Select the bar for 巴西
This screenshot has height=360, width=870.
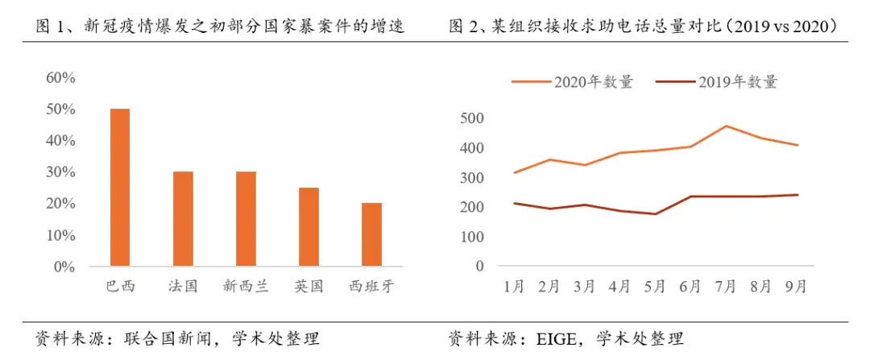(120, 187)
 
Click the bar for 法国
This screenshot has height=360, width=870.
(183, 218)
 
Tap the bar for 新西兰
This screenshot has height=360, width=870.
(246, 218)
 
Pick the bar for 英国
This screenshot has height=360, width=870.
(309, 226)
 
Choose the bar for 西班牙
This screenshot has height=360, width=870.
(371, 234)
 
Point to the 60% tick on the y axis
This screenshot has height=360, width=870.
(60, 78)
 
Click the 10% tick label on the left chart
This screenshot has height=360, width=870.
(60, 235)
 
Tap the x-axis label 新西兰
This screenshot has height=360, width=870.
(246, 287)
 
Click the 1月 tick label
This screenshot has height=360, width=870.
(513, 287)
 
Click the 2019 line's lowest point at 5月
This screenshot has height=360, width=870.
(657, 214)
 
